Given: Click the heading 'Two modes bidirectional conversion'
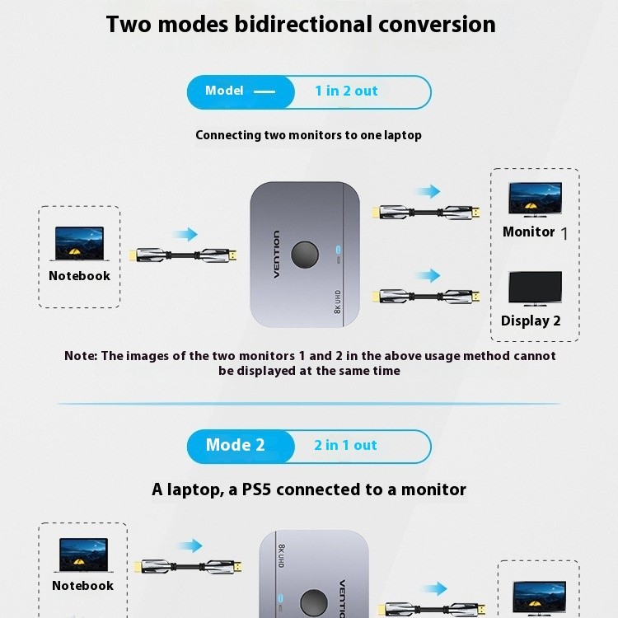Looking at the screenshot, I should pyautogui.click(x=301, y=24).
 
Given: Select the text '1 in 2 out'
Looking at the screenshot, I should pyautogui.click(x=346, y=91).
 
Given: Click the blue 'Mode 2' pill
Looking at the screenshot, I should pyautogui.click(x=236, y=446).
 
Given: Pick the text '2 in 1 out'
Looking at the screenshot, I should pyautogui.click(x=345, y=446).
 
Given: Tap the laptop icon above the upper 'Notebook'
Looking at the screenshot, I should pyautogui.click(x=79, y=243).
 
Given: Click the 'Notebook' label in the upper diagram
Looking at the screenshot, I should pyautogui.click(x=79, y=276).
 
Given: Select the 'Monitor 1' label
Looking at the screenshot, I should pyautogui.click(x=535, y=232).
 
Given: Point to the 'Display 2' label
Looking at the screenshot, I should pyautogui.click(x=531, y=321).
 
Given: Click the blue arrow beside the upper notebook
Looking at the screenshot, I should pyautogui.click(x=187, y=235).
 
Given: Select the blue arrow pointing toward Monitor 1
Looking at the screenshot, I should pyautogui.click(x=428, y=192).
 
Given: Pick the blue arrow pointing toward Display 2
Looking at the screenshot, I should pyautogui.click(x=428, y=274).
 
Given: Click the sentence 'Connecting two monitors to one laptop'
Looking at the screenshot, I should pyautogui.click(x=308, y=135).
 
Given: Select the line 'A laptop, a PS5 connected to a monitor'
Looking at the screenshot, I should pyautogui.click(x=309, y=489).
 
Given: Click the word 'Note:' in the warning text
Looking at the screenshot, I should pyautogui.click(x=82, y=356).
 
